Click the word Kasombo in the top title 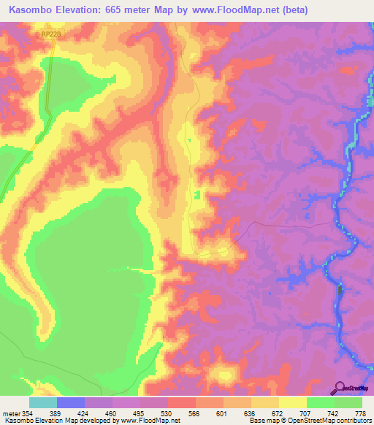(x=30, y=9)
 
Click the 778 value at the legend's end (x=361, y=413)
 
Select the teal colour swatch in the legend (x=43, y=402)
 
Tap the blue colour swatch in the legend (x=71, y=402)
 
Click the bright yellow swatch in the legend (x=293, y=402)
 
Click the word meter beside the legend (x=11, y=413)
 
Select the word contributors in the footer (x=353, y=421)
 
